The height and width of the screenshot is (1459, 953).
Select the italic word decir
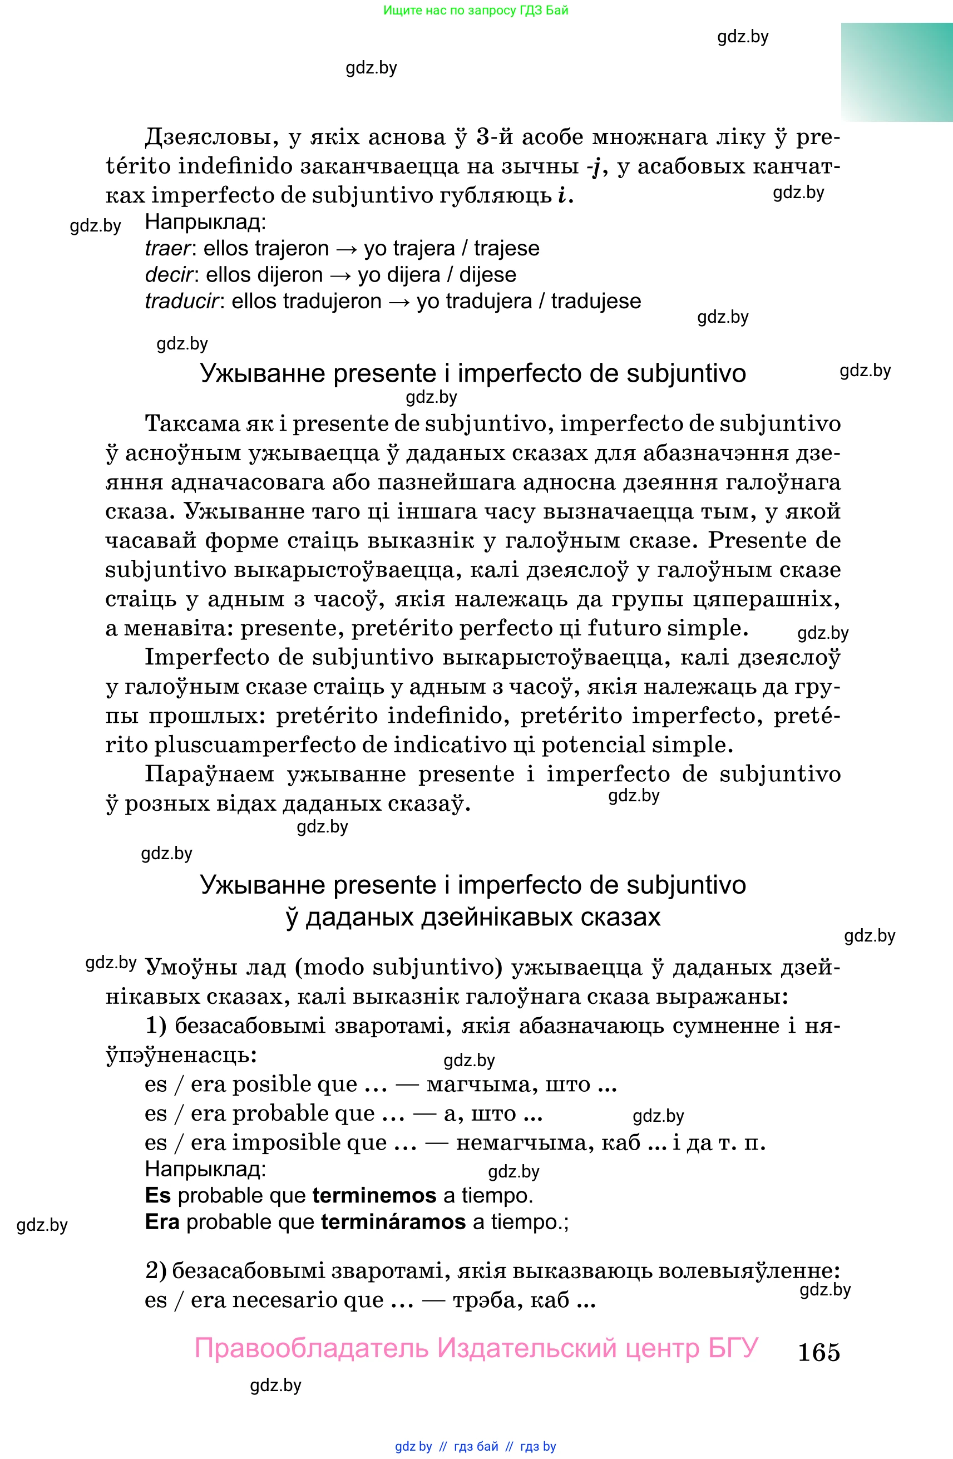point(169,275)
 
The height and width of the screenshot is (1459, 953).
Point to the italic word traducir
point(181,301)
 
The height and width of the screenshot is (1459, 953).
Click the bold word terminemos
point(374,1195)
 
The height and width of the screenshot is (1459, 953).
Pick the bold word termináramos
point(393,1222)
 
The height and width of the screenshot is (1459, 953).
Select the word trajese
point(506,248)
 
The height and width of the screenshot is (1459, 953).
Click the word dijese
point(487,275)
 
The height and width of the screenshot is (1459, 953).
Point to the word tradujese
point(596,301)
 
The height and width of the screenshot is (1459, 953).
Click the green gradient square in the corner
point(897,72)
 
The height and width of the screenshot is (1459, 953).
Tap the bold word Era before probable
point(162,1222)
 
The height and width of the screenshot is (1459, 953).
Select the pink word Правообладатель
point(312,1348)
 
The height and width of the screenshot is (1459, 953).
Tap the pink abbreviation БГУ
point(734,1348)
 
